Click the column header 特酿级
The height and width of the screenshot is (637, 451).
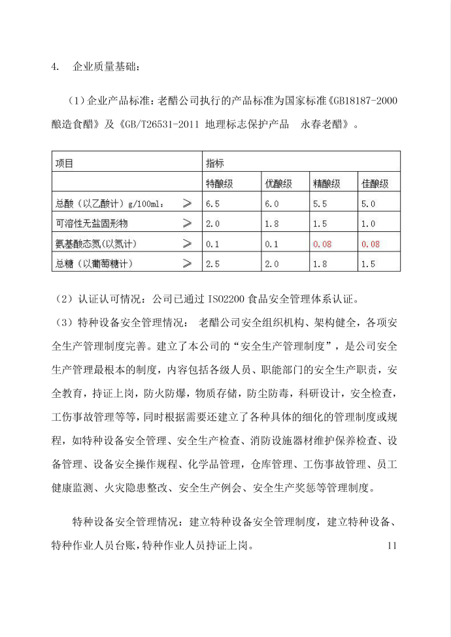click(219, 184)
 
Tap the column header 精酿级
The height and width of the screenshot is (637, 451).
click(326, 184)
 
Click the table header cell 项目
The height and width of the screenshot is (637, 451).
click(64, 163)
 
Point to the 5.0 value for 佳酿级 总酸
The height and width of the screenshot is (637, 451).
click(368, 204)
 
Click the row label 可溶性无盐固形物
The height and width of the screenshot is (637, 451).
click(92, 223)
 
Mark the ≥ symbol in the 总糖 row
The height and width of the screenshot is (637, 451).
click(188, 264)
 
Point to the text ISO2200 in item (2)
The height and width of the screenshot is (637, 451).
click(225, 300)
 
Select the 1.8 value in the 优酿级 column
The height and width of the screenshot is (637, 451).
click(271, 223)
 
